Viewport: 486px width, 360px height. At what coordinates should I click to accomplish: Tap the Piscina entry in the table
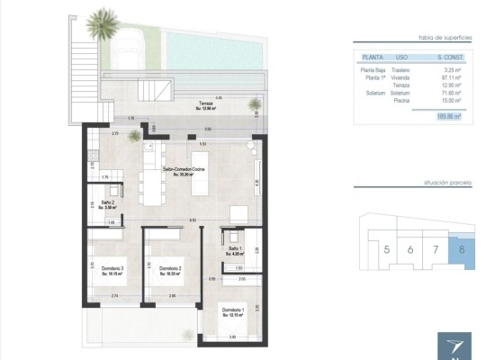click(x=402, y=102)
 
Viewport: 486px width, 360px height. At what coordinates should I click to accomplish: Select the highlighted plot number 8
click(x=462, y=249)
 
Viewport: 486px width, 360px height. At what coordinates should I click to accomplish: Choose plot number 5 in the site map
click(x=387, y=249)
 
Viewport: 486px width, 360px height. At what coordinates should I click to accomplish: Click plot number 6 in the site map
click(x=411, y=249)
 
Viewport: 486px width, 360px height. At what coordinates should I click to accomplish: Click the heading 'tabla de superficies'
click(x=446, y=37)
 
